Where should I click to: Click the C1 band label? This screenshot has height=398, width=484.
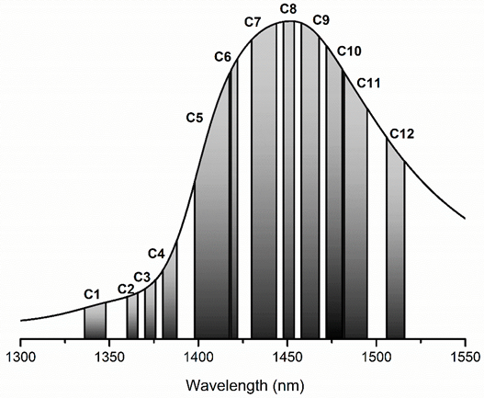tap(91, 293)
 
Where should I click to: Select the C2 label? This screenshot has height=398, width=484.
tap(126, 289)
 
